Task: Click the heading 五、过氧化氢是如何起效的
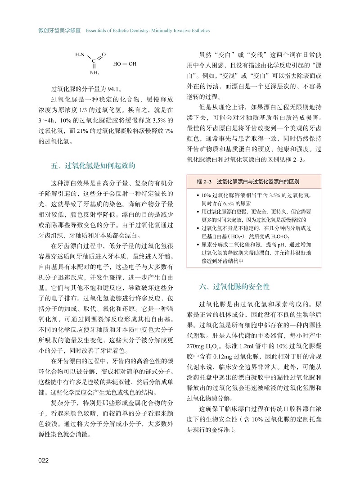[94, 165]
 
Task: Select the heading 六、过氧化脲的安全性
[234, 286]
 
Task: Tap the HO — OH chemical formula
[125, 63]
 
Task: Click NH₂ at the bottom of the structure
[94, 72]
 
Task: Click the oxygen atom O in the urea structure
[104, 54]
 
